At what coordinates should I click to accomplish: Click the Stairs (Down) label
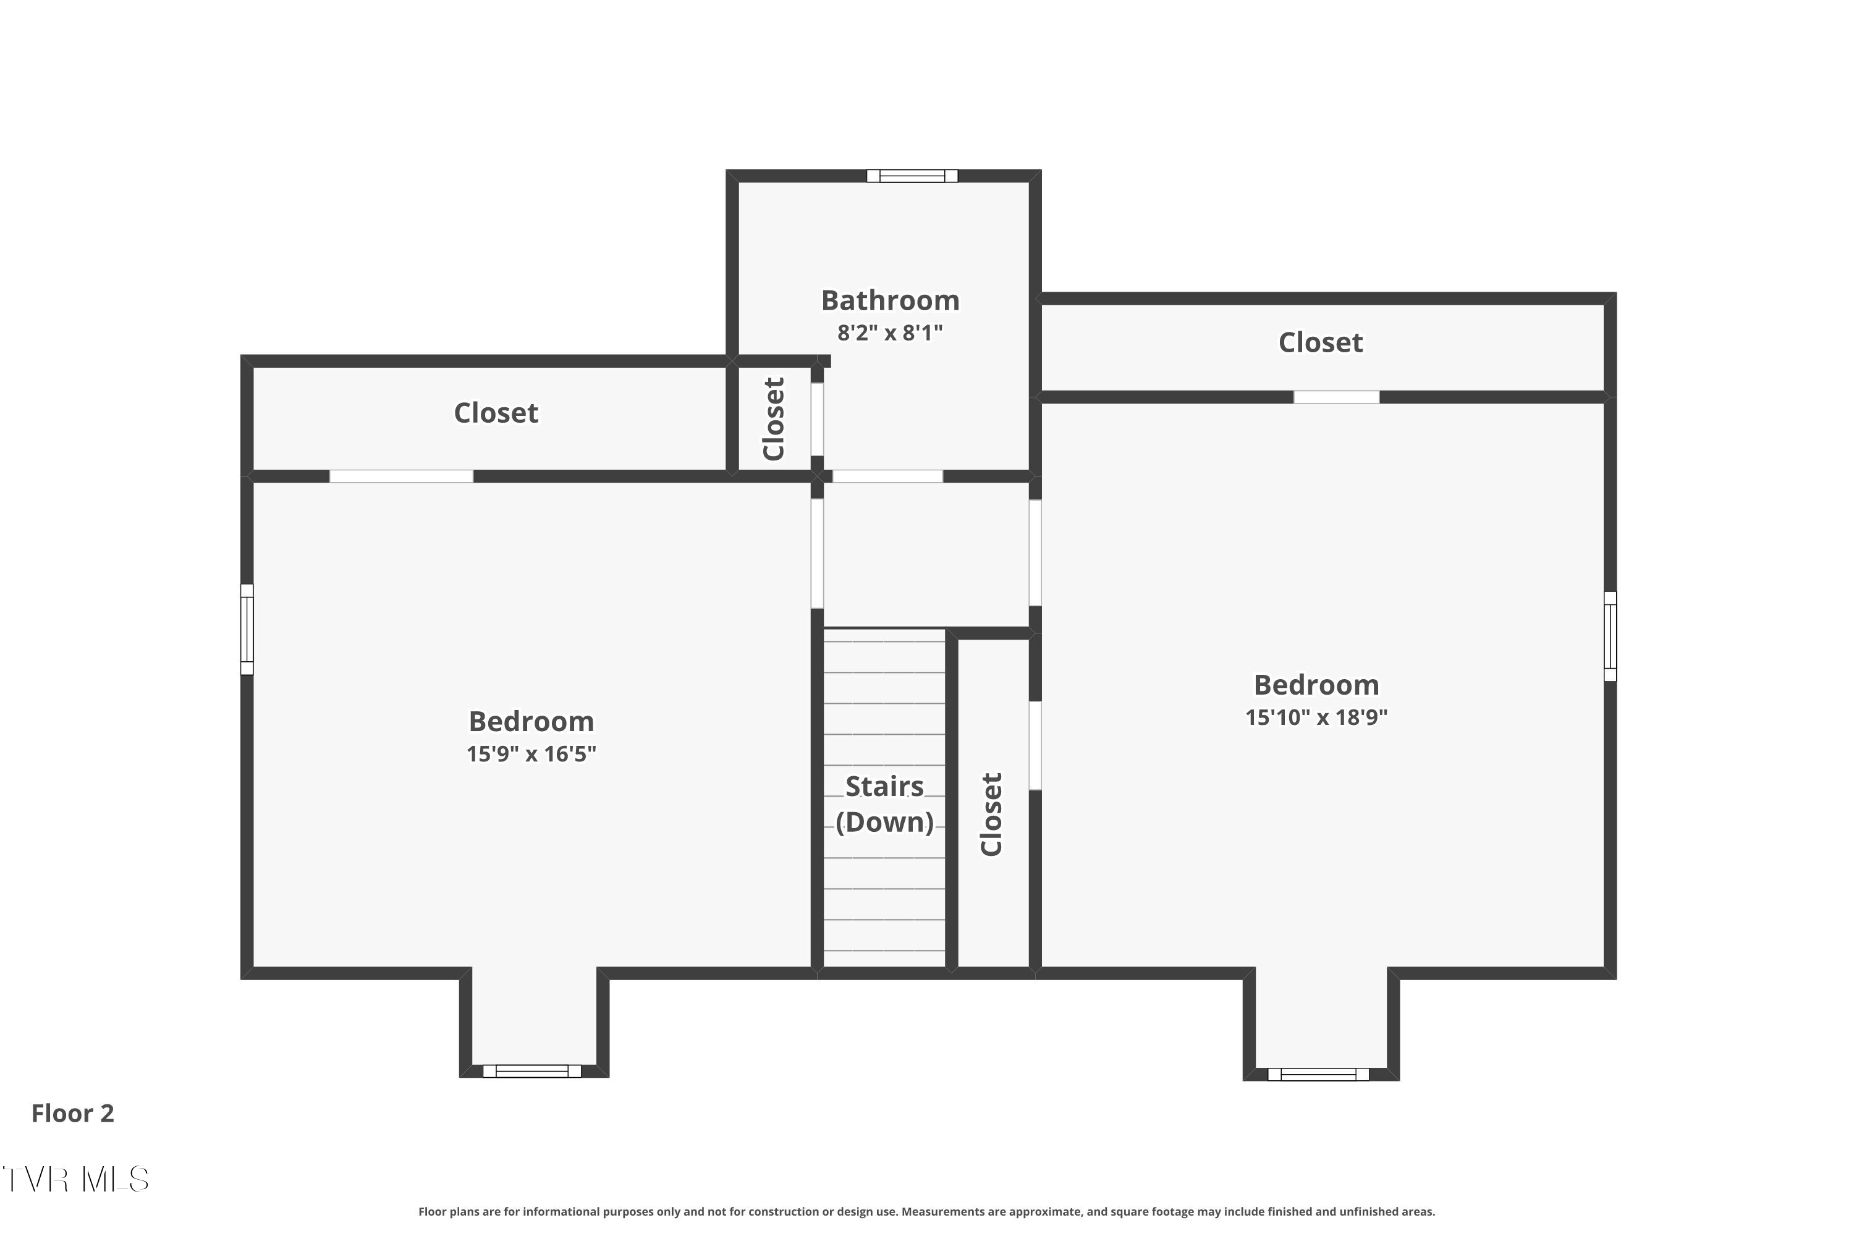pyautogui.click(x=884, y=804)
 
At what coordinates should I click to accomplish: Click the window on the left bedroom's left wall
pyautogui.click(x=247, y=629)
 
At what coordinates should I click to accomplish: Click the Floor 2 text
pyautogui.click(x=72, y=1113)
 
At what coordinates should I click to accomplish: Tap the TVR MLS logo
pyautogui.click(x=75, y=1179)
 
